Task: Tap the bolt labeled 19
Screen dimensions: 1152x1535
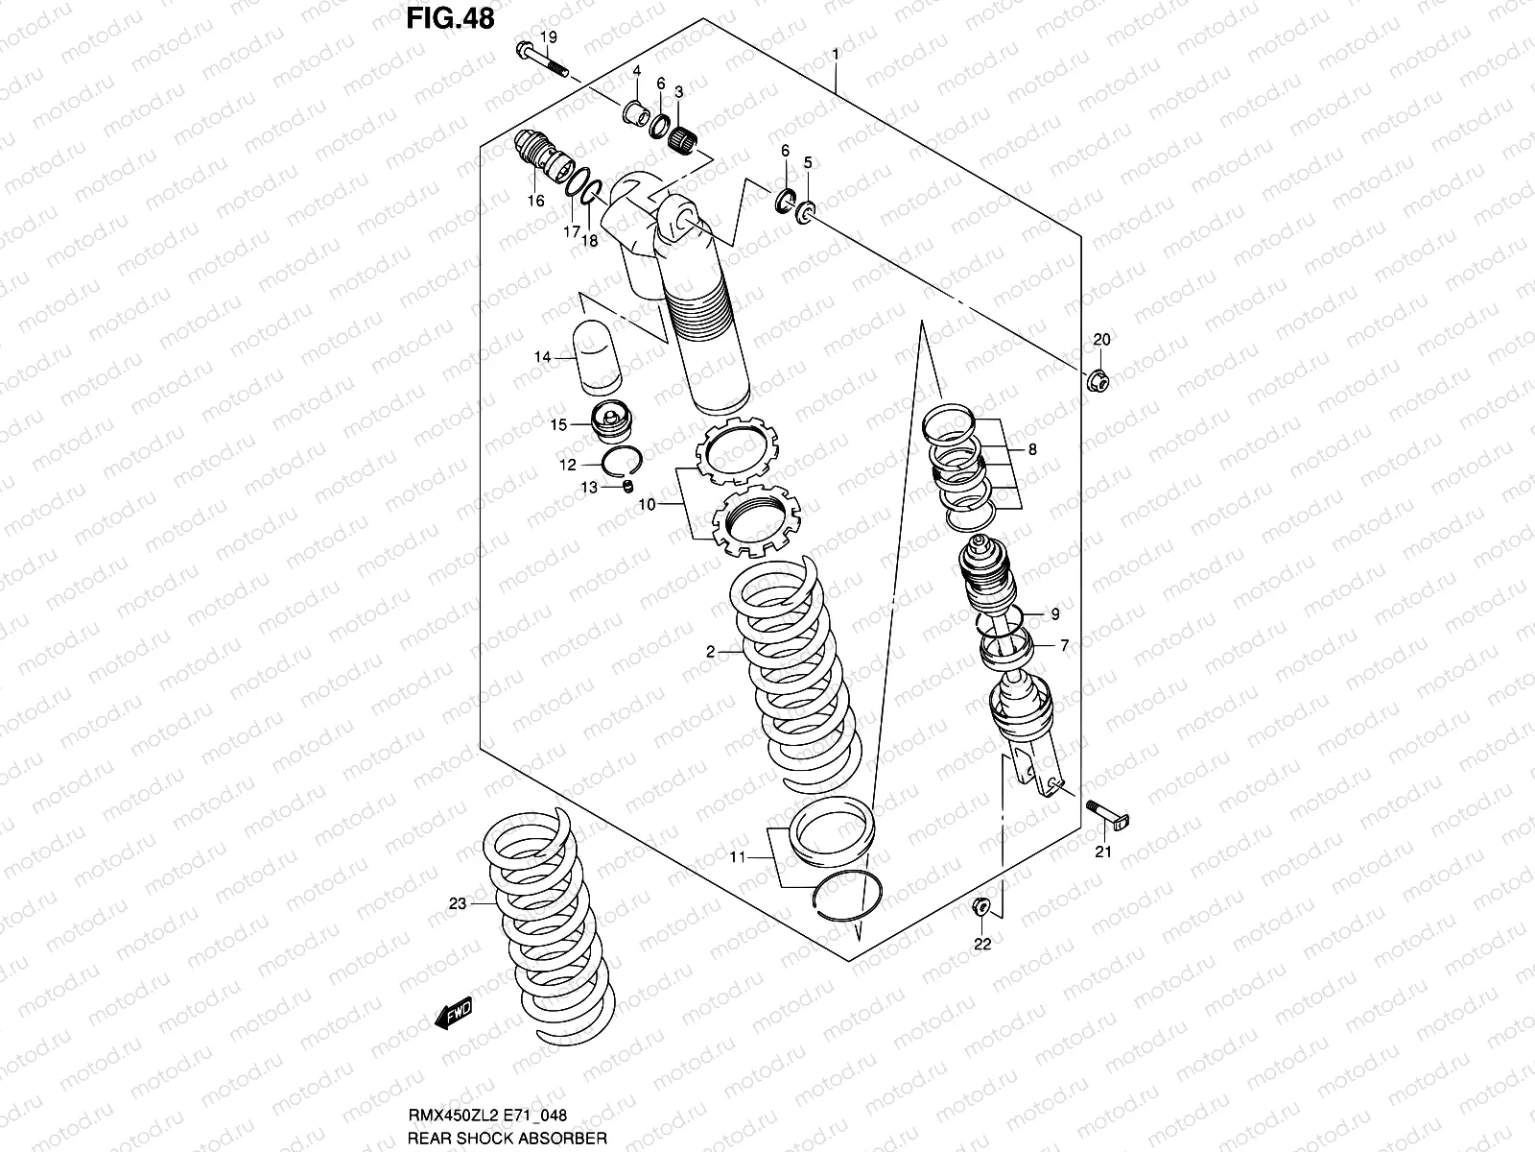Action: [x=542, y=60]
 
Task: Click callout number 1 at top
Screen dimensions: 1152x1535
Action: [x=837, y=55]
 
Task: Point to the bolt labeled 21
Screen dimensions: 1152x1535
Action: [x=1105, y=812]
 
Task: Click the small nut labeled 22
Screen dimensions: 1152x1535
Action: [x=980, y=904]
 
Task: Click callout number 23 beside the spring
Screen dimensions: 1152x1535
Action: [x=458, y=903]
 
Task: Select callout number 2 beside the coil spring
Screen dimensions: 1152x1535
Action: [x=711, y=652]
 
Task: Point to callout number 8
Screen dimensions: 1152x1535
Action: [x=1031, y=449]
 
